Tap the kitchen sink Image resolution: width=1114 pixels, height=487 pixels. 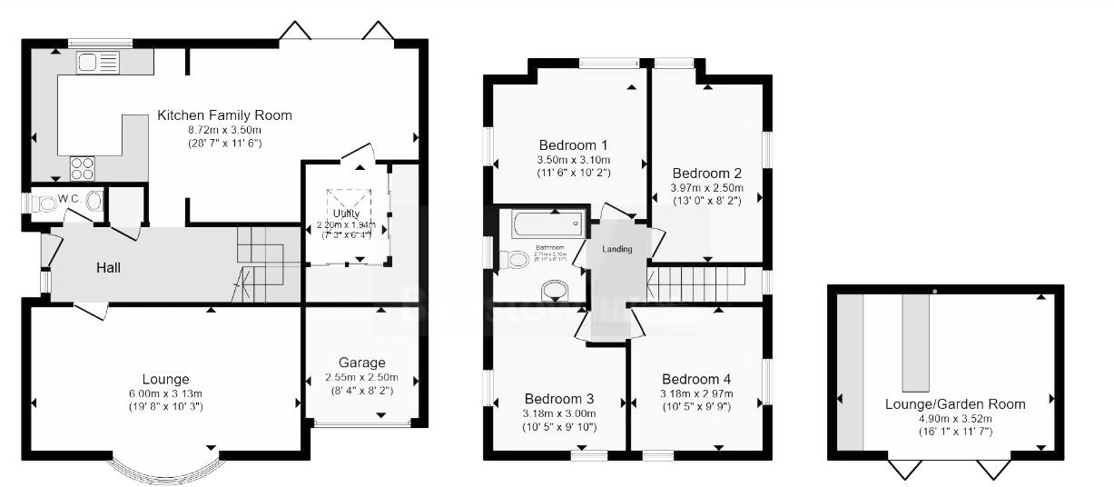tap(98, 63)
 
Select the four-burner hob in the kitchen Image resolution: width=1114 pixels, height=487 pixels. tap(83, 168)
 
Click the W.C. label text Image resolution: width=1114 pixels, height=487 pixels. tap(71, 198)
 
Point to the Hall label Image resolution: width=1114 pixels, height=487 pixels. tap(109, 268)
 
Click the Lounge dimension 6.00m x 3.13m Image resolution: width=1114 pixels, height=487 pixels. tap(165, 393)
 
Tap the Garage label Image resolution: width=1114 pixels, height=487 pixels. tap(361, 363)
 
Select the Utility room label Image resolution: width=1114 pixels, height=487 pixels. tap(347, 214)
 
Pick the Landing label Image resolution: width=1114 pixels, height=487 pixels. tap(616, 250)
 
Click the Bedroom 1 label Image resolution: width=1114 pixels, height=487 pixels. tap(573, 145)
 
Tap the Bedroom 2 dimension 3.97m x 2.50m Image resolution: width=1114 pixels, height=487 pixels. tap(706, 187)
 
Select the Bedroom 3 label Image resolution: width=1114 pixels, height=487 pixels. tap(559, 399)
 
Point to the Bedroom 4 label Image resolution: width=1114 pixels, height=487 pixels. tap(696, 379)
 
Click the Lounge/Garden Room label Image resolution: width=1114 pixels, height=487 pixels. tap(955, 404)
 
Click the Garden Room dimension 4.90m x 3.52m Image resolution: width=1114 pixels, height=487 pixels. tap(955, 419)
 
